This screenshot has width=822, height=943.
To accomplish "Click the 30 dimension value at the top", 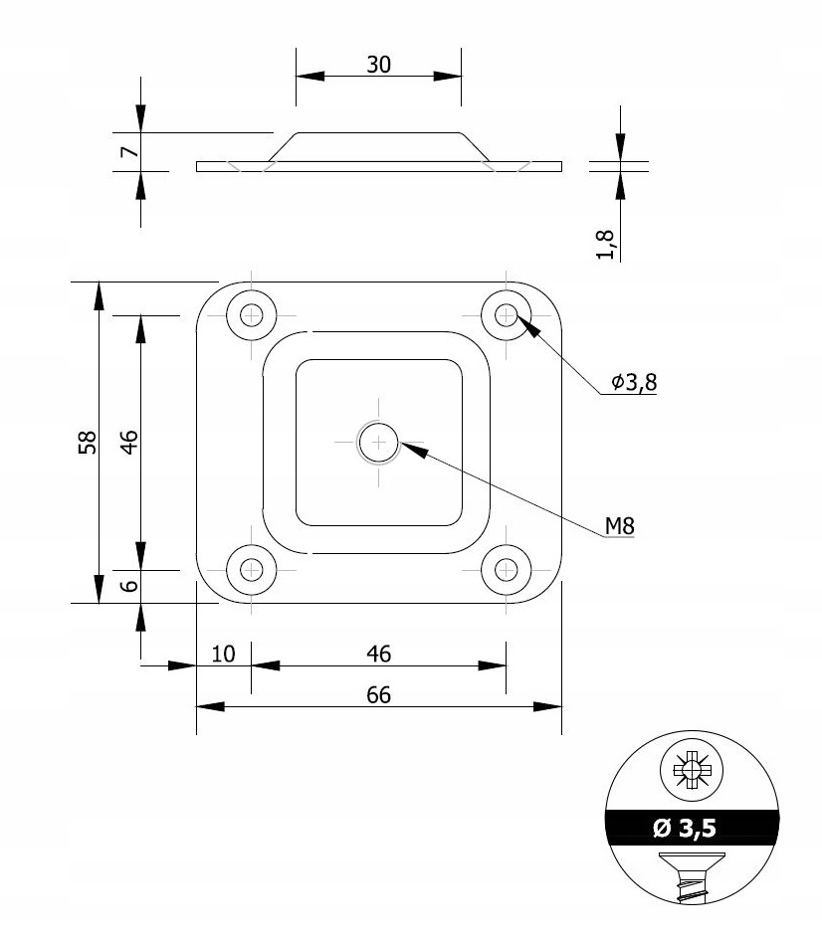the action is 378,65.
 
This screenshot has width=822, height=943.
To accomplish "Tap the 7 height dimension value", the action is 130,151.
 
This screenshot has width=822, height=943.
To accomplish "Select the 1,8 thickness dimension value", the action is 605,244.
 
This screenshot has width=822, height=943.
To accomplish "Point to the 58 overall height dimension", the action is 88,442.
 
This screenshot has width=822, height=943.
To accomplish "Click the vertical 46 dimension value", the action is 129,442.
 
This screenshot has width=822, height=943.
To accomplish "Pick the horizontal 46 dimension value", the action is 378,654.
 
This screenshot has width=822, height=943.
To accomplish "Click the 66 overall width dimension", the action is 378,694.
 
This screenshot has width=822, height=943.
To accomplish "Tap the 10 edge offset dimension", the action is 223,654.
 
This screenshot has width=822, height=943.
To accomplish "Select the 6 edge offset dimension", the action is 129,586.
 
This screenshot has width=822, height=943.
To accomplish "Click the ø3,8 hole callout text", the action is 634,382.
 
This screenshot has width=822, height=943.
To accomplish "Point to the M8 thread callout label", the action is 619,526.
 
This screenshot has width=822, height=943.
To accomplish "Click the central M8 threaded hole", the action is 378,443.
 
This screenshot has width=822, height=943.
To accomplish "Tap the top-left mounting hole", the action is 252,315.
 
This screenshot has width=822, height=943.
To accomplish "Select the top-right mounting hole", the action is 507,315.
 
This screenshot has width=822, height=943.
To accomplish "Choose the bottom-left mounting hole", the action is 252,570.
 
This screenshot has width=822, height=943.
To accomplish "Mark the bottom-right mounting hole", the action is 507,570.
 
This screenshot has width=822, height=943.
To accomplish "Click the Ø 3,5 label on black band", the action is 685,829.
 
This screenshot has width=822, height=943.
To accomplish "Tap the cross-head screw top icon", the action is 692,770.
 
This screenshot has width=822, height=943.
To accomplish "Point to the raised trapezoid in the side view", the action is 378,147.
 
